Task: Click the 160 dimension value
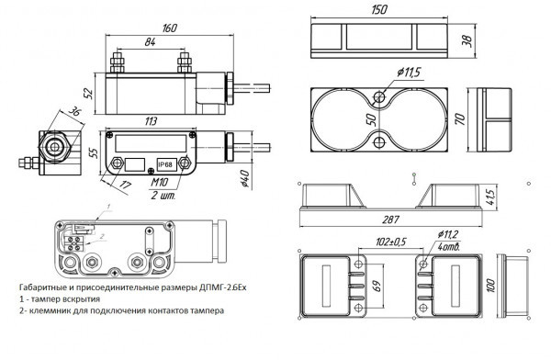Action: (170, 28)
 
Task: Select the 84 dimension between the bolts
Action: (150, 42)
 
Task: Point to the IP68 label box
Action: (165, 164)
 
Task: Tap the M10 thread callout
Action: (159, 182)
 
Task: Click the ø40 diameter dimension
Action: (244, 178)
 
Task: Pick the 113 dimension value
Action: (150, 121)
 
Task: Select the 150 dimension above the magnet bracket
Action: (379, 9)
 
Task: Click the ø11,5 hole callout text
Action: (409, 73)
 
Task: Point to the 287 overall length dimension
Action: (391, 219)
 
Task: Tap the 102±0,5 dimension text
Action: (391, 242)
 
